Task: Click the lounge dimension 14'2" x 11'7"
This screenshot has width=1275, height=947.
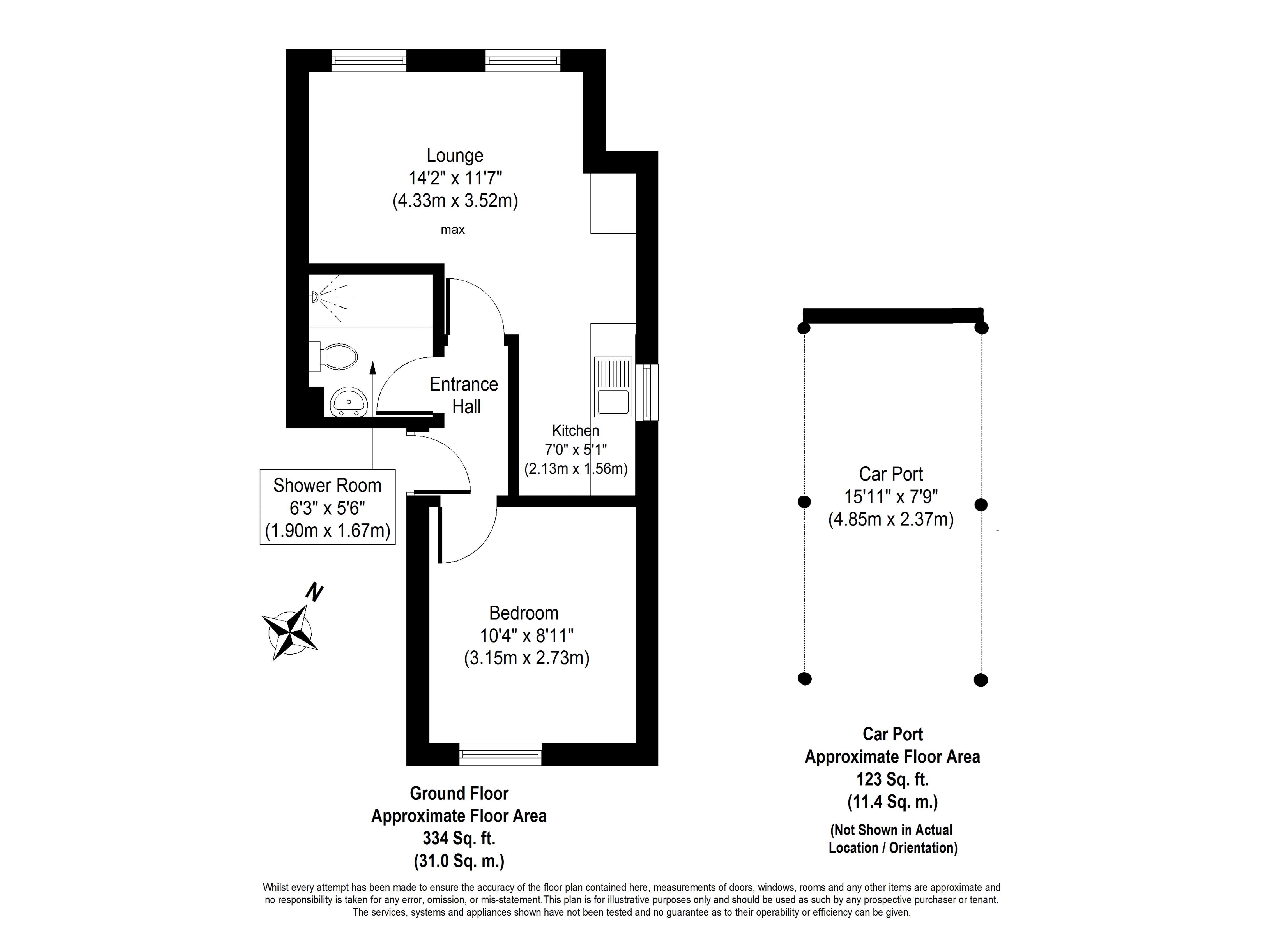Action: (x=455, y=178)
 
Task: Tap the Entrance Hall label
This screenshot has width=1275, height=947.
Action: (x=464, y=395)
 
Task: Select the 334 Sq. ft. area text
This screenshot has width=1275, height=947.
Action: (x=459, y=838)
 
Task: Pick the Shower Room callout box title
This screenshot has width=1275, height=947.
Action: (x=327, y=486)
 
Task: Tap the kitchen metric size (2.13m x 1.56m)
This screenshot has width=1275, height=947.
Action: (x=576, y=469)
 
